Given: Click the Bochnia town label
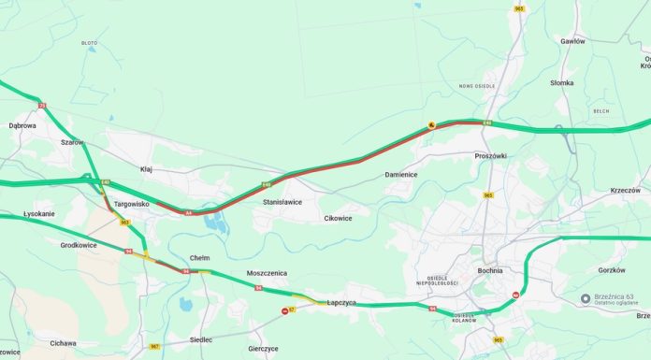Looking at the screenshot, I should [x=488, y=270].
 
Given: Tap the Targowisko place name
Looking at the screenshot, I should [x=131, y=203].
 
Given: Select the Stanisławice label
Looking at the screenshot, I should [x=282, y=201].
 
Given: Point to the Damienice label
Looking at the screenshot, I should [x=401, y=175].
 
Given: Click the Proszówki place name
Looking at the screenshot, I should [x=490, y=155].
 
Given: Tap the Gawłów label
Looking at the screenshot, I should [x=572, y=41].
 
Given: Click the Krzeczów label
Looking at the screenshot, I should [x=625, y=190].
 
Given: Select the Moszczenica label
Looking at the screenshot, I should [x=267, y=273].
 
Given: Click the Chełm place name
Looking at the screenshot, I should [x=199, y=257].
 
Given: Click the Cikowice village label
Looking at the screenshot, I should [x=338, y=218].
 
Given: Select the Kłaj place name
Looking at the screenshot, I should [x=146, y=169].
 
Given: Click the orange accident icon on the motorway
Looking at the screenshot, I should [x=430, y=124].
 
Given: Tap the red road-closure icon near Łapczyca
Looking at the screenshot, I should [x=284, y=310].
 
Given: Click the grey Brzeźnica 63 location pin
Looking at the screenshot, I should [x=586, y=298].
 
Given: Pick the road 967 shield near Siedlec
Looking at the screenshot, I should [x=154, y=346].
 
